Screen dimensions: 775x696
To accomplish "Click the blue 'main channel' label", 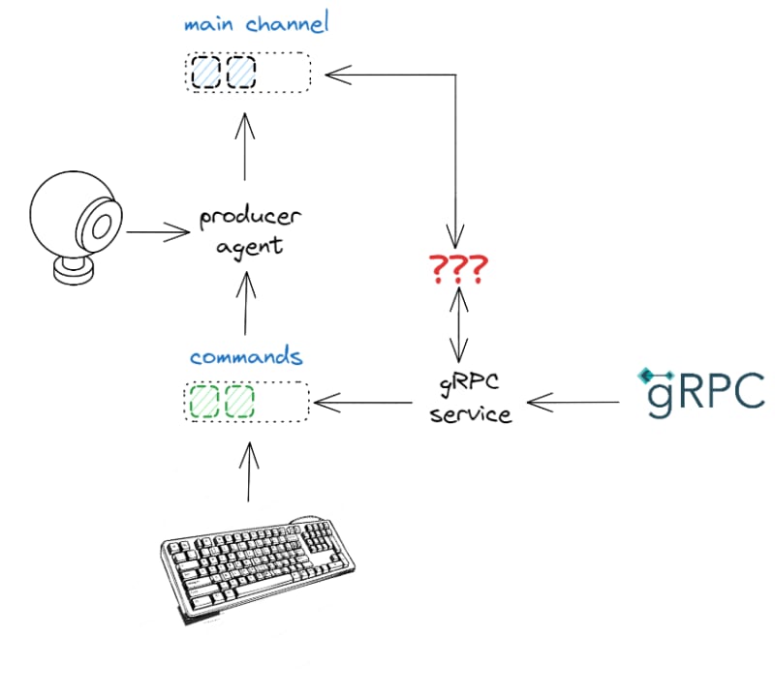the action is click(x=256, y=23).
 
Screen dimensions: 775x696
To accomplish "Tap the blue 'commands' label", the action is click(x=246, y=356).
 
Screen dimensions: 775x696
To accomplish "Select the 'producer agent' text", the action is click(x=250, y=231).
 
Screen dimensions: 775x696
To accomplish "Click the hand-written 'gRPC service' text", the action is click(x=470, y=399).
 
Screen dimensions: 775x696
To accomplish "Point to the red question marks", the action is click(x=458, y=269).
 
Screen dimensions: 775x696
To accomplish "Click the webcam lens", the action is click(x=102, y=226).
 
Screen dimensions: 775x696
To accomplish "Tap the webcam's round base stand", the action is click(x=74, y=271).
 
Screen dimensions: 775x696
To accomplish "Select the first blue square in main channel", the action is click(x=205, y=73).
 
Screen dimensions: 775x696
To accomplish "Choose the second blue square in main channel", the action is click(x=241, y=73).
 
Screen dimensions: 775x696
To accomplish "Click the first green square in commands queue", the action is click(x=204, y=402).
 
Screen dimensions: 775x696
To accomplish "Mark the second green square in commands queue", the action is click(x=239, y=402).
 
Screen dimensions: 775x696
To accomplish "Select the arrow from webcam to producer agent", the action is click(x=158, y=231).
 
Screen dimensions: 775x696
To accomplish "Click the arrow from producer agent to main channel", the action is click(x=245, y=147).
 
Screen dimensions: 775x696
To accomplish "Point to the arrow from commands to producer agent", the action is click(x=246, y=303).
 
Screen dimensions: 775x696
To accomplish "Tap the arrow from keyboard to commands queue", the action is click(x=249, y=471).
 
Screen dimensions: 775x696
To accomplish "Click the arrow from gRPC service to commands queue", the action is click(x=363, y=403).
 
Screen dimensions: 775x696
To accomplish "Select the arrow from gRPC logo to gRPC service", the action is click(x=573, y=402).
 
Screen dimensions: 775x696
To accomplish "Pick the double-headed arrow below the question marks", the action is click(x=459, y=324).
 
